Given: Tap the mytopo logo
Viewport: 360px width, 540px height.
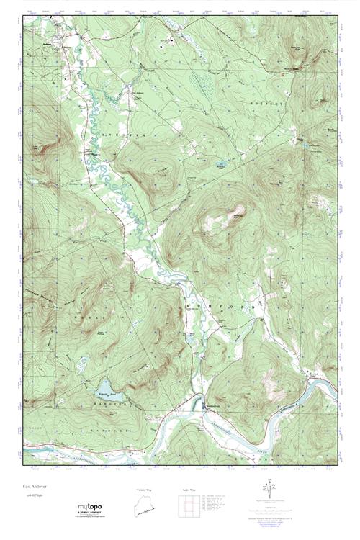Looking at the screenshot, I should click(x=91, y=508).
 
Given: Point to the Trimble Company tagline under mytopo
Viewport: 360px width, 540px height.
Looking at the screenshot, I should click(x=91, y=514).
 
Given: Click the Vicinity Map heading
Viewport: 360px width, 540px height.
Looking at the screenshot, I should click(x=145, y=490).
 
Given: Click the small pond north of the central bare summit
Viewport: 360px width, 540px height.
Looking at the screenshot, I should click(x=220, y=165).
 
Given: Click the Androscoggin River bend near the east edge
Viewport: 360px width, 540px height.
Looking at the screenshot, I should click(x=317, y=389).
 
